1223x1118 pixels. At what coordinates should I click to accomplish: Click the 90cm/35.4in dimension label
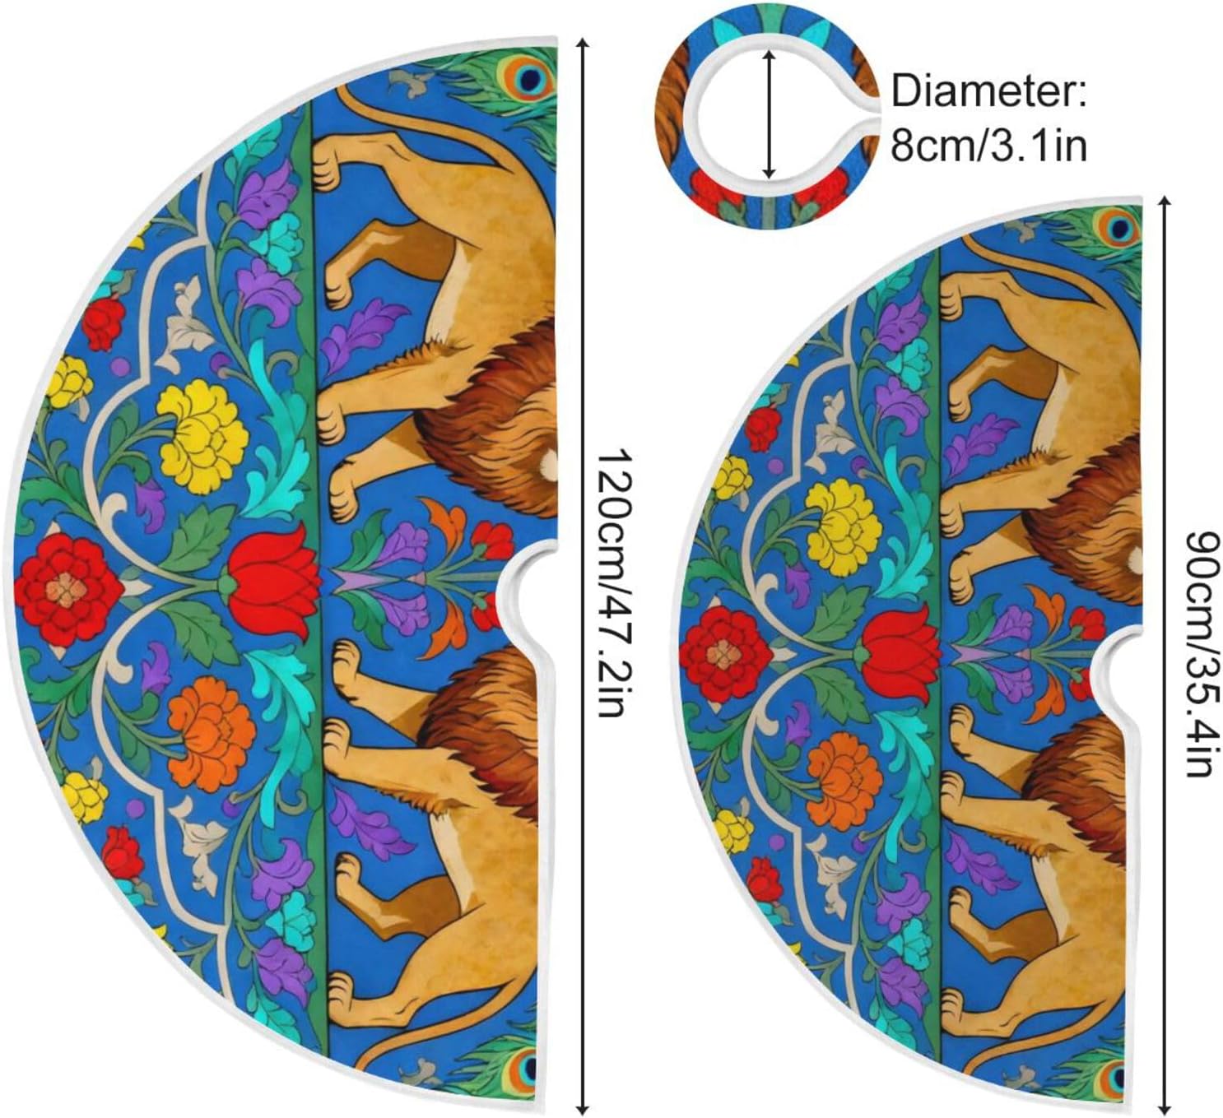pos(1201,653)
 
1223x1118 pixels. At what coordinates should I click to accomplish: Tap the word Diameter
pos(988,92)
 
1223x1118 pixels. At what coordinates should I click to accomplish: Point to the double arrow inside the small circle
pos(770,114)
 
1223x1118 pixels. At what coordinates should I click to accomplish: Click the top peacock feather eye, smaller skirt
pos(1121,228)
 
